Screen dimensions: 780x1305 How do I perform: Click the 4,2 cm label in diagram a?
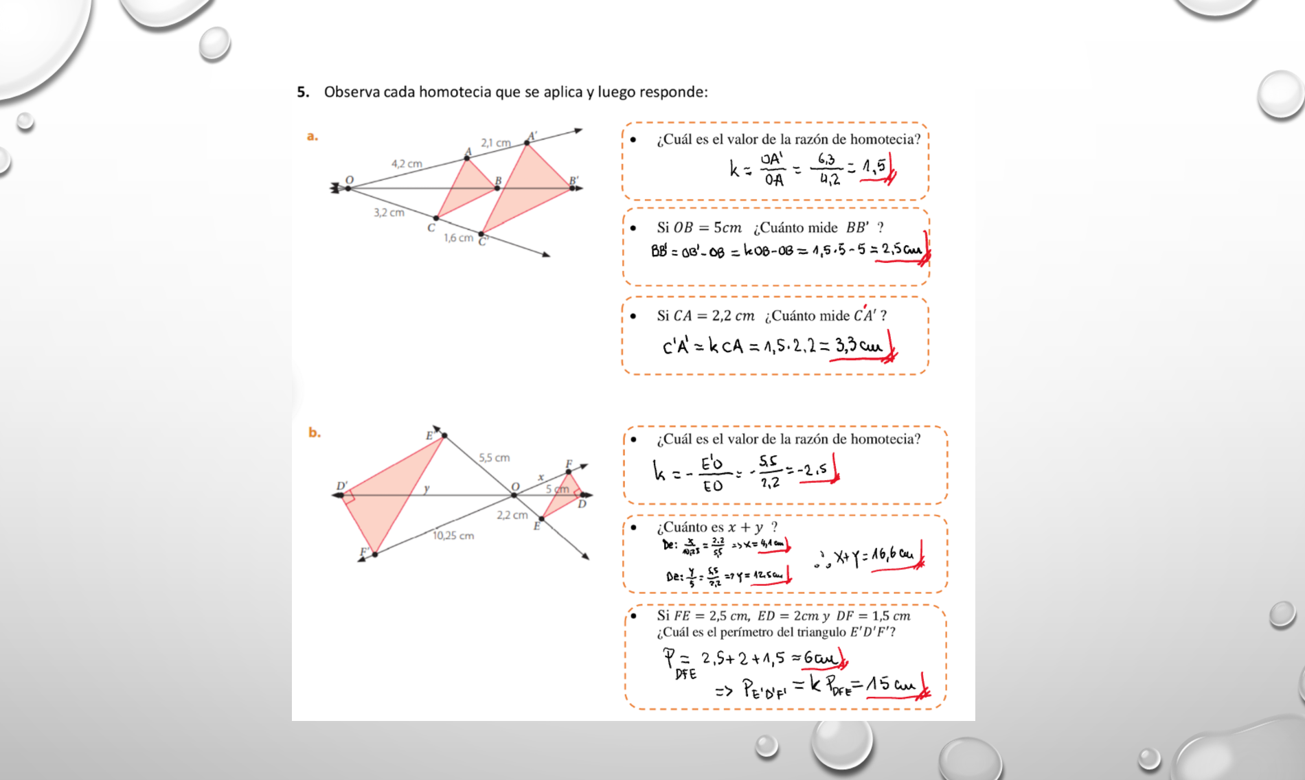(407, 164)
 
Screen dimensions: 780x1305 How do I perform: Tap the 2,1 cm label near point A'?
(495, 143)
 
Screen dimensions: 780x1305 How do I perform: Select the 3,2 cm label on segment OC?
(389, 213)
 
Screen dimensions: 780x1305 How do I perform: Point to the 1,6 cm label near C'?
(458, 238)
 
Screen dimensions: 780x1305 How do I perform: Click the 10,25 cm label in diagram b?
(453, 536)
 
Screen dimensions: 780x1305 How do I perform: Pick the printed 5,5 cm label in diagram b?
(494, 457)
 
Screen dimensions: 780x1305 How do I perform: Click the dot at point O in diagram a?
(348, 188)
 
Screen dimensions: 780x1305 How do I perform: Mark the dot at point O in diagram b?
(514, 495)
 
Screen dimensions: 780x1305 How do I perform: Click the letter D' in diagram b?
(341, 486)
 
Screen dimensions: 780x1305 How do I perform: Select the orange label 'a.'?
(313, 136)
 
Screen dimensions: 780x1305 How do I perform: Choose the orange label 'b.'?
(314, 433)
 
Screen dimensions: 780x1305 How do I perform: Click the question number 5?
(303, 92)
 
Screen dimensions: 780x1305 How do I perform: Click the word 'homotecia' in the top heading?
(453, 92)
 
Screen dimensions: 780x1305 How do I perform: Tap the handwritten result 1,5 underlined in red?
(874, 166)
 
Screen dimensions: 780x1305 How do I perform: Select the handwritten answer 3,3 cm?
(858, 345)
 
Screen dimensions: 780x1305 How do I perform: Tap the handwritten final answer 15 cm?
(890, 685)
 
